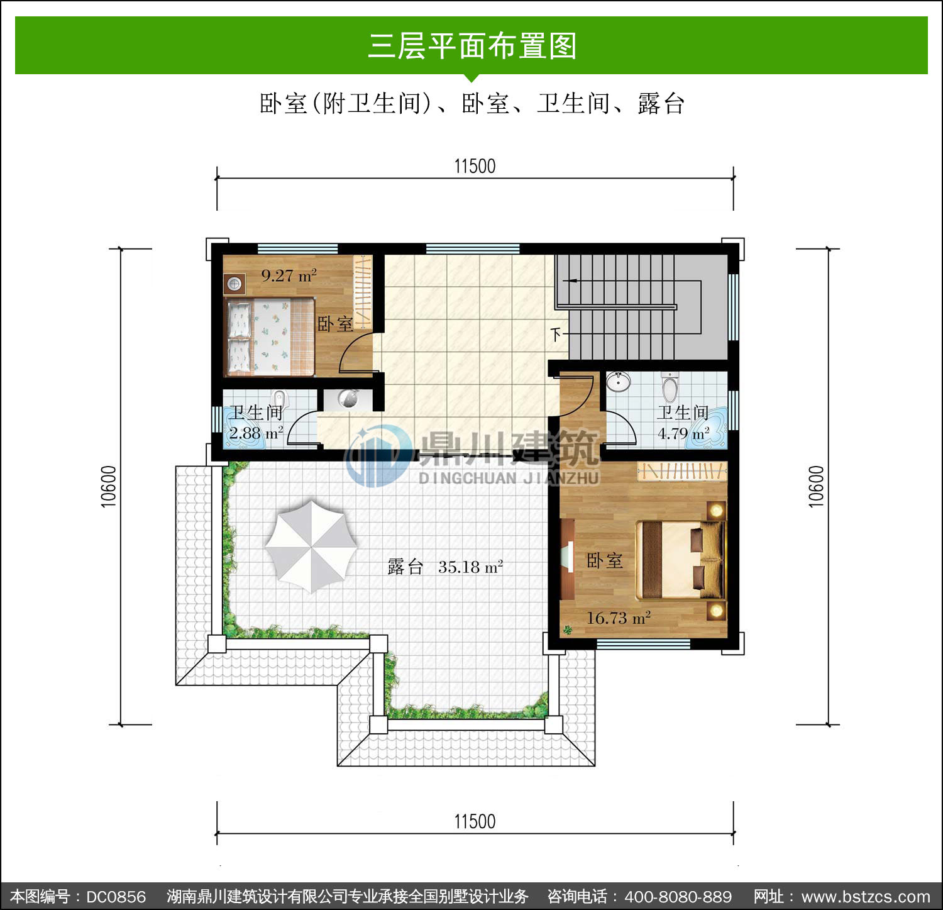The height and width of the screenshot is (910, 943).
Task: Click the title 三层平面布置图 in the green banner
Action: (x=472, y=46)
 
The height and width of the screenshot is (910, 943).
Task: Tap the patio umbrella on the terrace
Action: (x=311, y=546)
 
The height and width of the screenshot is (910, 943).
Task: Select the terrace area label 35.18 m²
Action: (x=470, y=567)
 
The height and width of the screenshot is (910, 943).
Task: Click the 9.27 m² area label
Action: (x=289, y=275)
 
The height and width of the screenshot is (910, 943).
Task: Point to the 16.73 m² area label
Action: (x=618, y=618)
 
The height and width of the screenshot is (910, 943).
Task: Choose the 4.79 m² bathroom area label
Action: (x=683, y=433)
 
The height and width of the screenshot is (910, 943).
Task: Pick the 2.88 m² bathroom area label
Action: (x=256, y=433)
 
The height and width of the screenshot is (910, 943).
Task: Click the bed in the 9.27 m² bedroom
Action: (x=270, y=338)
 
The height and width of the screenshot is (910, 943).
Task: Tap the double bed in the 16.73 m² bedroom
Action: (x=680, y=560)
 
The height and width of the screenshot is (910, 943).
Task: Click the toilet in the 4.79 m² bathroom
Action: (x=670, y=386)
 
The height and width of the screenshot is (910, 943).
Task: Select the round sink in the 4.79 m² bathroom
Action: (x=619, y=381)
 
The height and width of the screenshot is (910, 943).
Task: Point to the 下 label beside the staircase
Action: (x=555, y=333)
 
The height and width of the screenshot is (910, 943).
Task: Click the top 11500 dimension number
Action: (x=475, y=166)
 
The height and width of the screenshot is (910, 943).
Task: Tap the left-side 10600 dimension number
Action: (x=108, y=486)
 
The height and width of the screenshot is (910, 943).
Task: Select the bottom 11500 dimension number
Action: (x=475, y=821)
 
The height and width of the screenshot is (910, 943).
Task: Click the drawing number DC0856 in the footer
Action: (x=116, y=897)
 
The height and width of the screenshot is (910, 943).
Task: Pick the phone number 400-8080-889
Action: (x=678, y=897)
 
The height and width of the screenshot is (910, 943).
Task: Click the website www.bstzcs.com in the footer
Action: (x=866, y=897)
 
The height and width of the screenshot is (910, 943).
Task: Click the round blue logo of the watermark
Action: (x=378, y=455)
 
